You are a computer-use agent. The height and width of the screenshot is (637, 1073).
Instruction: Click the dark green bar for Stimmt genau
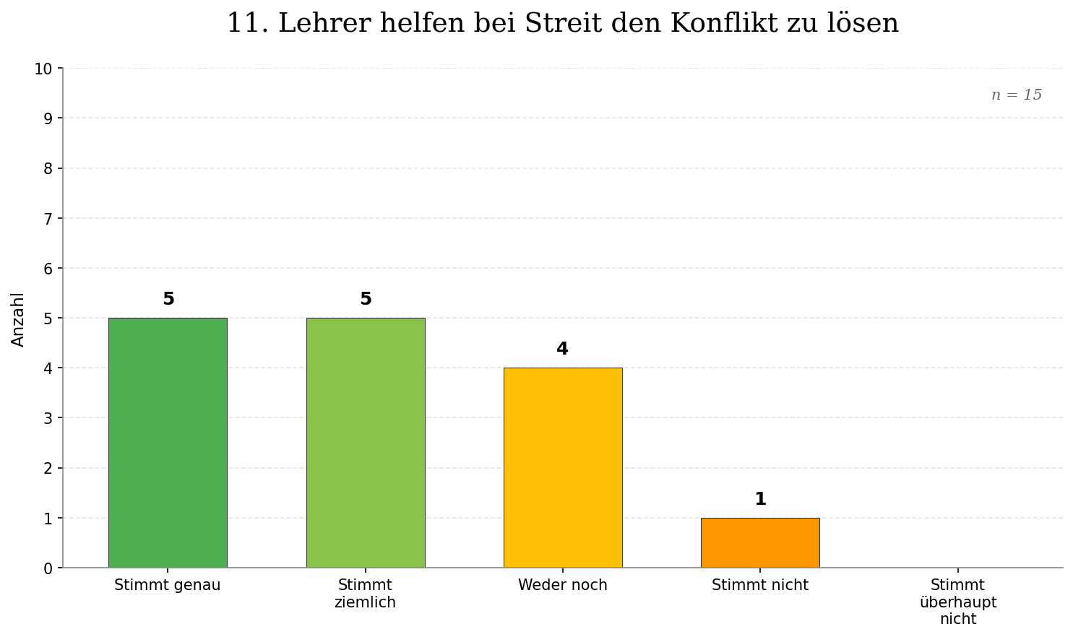[168, 442]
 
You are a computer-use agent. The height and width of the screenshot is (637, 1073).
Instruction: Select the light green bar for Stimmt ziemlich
[366, 442]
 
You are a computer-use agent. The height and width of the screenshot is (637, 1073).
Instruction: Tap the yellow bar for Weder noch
[563, 467]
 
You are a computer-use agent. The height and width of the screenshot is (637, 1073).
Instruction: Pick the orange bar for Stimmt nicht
[760, 542]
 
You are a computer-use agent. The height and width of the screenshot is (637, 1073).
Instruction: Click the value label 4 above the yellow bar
[562, 349]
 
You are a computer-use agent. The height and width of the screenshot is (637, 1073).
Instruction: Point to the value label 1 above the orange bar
[760, 499]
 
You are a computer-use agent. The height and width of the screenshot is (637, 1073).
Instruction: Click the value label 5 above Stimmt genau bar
[168, 299]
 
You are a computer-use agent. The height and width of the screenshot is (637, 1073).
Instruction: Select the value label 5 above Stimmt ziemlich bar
[366, 299]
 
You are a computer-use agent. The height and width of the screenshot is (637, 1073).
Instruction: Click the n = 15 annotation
[1017, 95]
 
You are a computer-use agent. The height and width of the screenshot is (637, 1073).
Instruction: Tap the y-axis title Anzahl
[18, 319]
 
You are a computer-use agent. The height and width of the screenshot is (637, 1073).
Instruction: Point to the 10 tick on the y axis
[43, 69]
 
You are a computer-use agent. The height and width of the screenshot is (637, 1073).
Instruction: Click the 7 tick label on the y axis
[48, 218]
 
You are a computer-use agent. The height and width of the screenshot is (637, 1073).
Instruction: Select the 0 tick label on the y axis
[48, 568]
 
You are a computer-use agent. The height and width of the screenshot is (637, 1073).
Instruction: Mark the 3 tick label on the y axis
[48, 418]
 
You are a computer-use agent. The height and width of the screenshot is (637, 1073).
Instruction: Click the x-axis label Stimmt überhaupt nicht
[957, 602]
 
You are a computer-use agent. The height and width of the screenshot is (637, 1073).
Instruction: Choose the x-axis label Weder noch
[563, 585]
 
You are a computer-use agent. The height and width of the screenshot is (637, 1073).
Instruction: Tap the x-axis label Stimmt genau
[168, 585]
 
